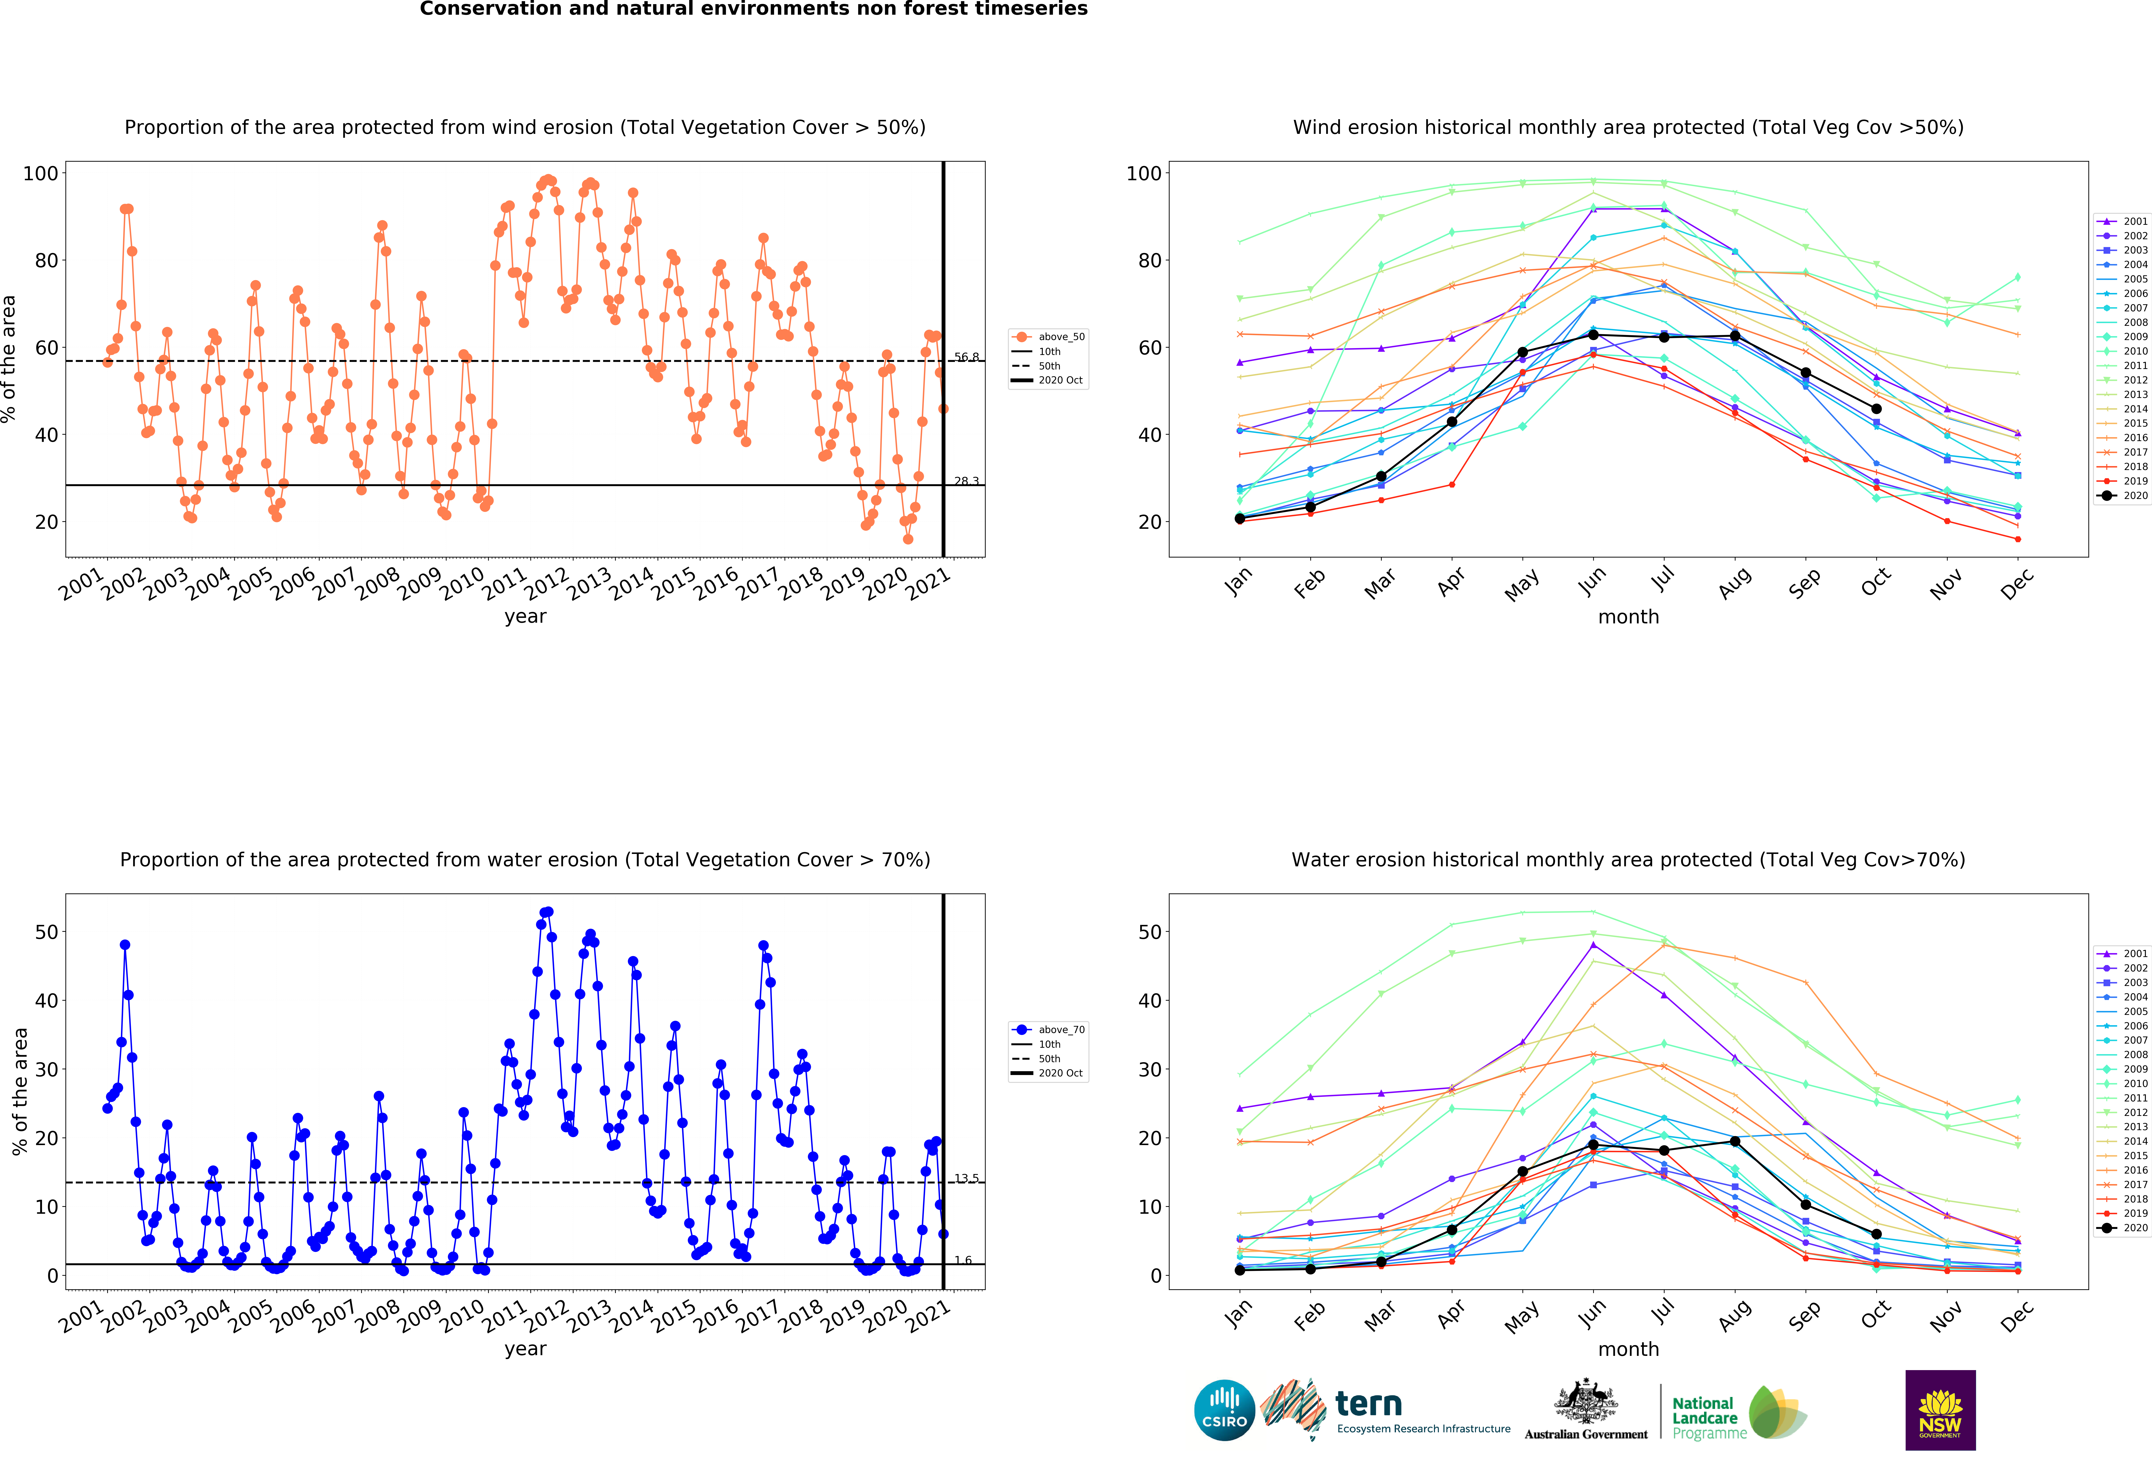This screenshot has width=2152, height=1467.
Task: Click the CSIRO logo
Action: tap(1224, 1411)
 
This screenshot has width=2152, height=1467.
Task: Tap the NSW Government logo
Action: tap(1940, 1410)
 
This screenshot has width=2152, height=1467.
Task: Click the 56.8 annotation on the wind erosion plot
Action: tap(967, 357)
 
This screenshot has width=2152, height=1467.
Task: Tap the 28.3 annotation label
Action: tap(967, 481)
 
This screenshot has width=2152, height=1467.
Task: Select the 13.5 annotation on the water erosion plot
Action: tap(967, 1178)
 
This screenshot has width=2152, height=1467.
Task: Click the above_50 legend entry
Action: tap(1048, 337)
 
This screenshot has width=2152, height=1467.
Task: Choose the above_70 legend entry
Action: tap(1048, 1030)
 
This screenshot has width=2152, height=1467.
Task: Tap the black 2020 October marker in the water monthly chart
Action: tap(1876, 1234)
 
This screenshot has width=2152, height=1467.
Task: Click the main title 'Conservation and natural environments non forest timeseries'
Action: tap(754, 9)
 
